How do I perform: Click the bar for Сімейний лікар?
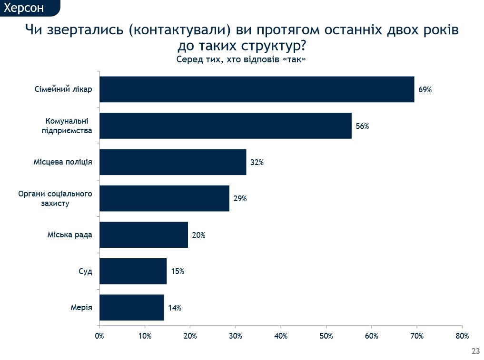257,89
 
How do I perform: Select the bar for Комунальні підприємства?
225,126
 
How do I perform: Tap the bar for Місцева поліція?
173,162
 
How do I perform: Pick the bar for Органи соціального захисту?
164,198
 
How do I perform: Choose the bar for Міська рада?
144,234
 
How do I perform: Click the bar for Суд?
133,271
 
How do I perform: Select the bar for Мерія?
131,308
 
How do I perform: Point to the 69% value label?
425,89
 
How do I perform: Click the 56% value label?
362,126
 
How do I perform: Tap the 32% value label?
257,163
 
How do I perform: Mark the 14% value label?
174,308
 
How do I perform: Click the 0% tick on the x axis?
99,336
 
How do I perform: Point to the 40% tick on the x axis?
281,336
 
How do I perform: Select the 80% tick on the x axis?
462,336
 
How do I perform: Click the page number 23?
475,351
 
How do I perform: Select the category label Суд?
85,272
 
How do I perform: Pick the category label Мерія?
81,308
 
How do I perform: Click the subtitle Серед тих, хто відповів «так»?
241,59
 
